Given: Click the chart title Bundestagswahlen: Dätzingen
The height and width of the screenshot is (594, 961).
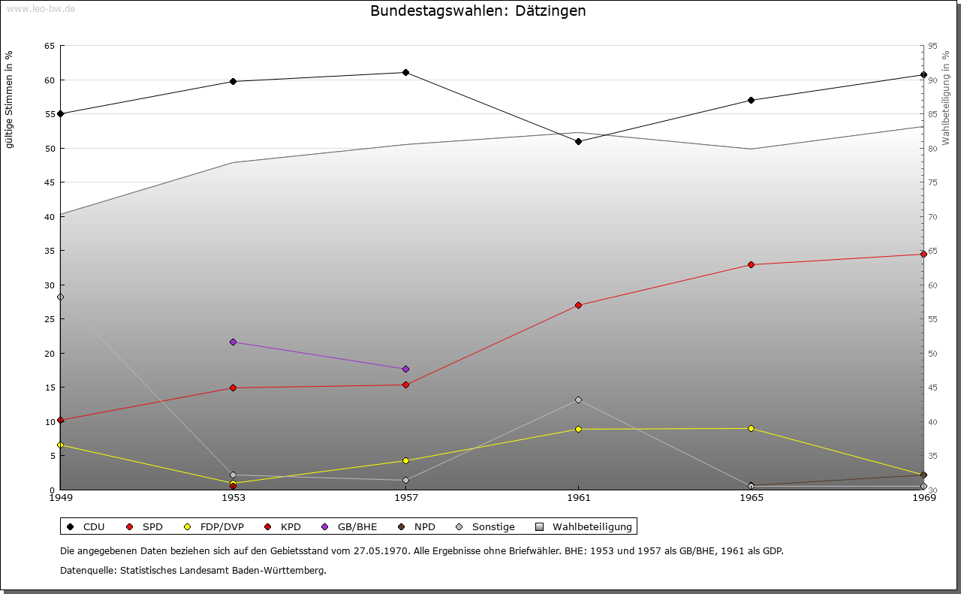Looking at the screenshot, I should coord(478,11).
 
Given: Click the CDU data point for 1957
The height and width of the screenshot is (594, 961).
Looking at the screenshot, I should coord(405,72).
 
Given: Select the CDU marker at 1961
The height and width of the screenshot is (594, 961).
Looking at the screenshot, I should coord(578,141).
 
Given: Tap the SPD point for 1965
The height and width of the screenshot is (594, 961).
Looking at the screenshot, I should coord(751,264).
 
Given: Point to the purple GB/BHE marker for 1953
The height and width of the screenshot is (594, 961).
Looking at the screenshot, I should coord(233,342).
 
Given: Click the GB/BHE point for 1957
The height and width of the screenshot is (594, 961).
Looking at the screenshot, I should coord(405,369).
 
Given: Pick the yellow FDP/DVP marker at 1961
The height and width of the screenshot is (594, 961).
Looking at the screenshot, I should coord(578,429).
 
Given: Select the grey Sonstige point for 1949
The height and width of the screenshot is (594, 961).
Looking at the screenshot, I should coord(61,297).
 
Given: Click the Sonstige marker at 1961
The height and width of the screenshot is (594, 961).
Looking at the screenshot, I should coord(578,400).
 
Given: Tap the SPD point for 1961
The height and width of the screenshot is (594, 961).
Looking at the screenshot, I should coord(578,305).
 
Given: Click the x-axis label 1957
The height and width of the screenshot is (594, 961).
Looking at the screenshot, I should coord(405,498).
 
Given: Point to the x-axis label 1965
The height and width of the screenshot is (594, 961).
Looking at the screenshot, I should coord(751,498).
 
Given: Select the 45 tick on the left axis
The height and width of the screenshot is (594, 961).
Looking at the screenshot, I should coord(49,182).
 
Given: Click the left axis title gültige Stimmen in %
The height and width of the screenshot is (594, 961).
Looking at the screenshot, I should coord(10,99).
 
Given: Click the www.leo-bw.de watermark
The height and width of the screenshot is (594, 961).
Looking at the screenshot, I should coord(40,8).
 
